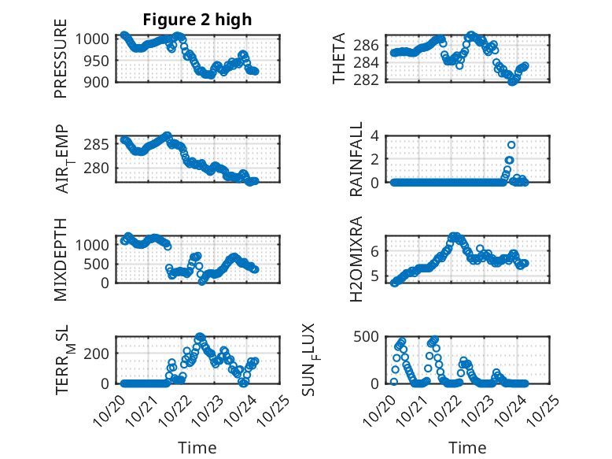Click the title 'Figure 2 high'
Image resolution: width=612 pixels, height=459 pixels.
[197, 20]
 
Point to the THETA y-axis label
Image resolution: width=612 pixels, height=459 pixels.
[339, 59]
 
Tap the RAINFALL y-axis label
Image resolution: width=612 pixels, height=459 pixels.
[356, 159]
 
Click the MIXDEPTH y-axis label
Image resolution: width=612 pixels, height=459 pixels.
[61, 260]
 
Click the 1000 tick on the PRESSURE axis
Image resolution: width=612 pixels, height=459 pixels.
[96, 39]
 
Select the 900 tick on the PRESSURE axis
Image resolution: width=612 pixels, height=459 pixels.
[99, 81]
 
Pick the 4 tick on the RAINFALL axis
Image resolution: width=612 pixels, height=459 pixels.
[376, 135]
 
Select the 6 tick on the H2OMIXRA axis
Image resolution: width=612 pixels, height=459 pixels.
[376, 250]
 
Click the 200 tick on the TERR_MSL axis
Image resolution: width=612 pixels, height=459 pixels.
[99, 352]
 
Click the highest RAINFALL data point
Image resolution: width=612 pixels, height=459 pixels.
[511, 145]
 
